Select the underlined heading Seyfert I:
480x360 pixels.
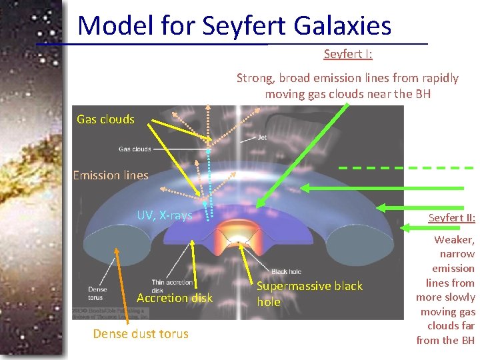[348, 54]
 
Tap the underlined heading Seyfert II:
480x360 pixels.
[451, 218]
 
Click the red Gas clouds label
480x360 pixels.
[105, 119]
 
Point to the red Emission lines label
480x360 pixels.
[110, 175]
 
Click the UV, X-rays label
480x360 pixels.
[164, 215]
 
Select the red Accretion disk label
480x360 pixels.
[174, 297]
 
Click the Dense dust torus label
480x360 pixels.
[141, 333]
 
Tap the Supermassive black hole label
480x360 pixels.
[309, 293]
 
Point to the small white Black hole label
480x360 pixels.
[287, 271]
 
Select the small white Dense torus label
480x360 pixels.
[97, 293]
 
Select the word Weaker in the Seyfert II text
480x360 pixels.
[454, 239]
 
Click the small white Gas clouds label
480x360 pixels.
[135, 149]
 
